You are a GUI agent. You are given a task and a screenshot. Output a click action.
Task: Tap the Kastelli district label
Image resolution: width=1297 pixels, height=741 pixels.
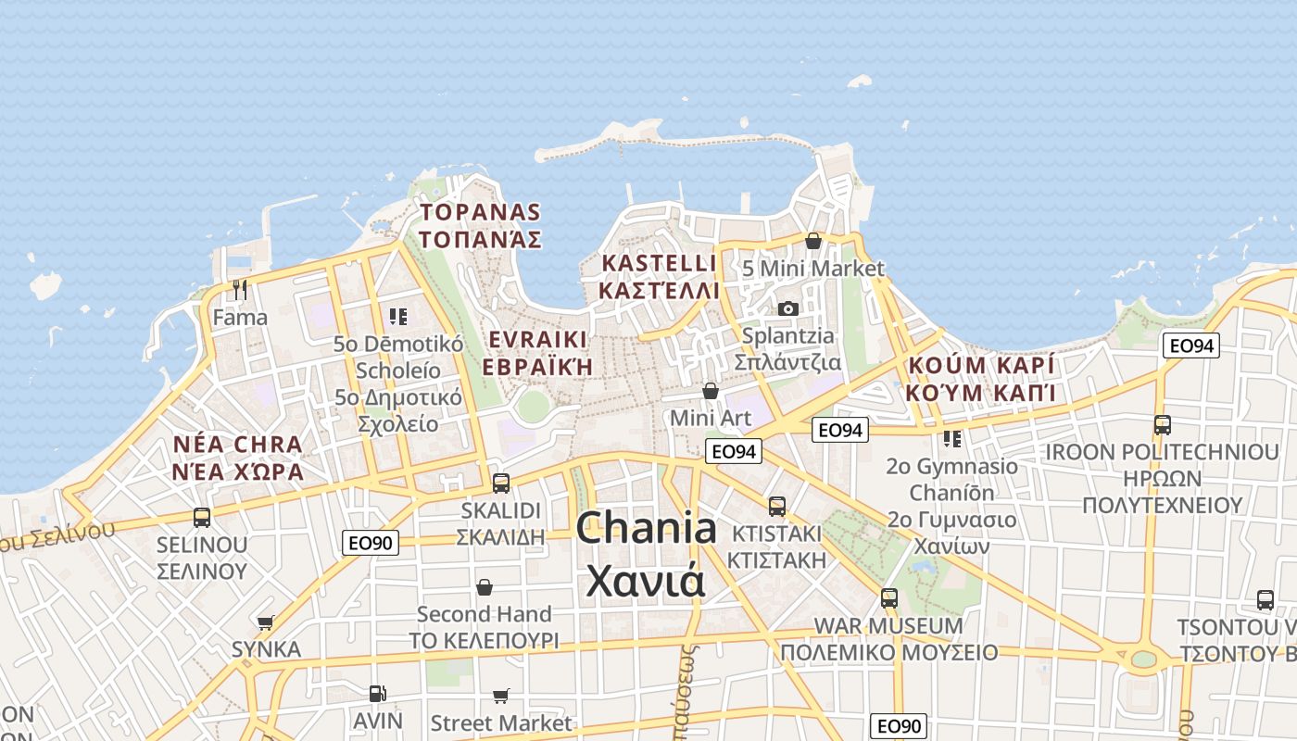(659, 276)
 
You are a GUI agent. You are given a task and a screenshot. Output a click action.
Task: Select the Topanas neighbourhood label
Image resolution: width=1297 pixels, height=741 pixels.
(479, 225)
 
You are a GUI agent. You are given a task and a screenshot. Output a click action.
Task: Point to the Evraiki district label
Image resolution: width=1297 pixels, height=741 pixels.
(537, 351)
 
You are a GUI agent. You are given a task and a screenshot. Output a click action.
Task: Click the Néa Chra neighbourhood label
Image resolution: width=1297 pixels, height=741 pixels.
(238, 458)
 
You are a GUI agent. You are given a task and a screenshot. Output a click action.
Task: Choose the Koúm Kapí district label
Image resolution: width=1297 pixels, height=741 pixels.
(981, 378)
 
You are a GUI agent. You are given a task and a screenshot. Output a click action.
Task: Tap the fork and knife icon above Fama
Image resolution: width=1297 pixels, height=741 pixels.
(240, 290)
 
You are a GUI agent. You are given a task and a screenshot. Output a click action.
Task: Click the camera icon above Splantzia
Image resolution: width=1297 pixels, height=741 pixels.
(787, 308)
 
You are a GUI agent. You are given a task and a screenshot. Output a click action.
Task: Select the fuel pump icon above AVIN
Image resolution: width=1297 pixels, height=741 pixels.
(377, 693)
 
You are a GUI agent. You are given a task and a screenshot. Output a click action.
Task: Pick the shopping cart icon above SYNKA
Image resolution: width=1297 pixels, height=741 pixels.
(266, 622)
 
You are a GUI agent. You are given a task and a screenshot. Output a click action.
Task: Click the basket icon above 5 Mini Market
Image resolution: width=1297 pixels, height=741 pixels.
(813, 241)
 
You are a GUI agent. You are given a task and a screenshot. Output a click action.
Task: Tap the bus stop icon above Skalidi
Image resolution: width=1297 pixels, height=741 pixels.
(501, 483)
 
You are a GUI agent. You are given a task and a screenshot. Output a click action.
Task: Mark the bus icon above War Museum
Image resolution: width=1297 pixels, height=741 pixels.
(889, 598)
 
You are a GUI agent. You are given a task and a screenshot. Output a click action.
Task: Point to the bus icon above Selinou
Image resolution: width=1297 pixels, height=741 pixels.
(202, 517)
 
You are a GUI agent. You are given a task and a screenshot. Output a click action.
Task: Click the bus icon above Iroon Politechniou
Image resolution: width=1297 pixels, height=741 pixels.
(1162, 425)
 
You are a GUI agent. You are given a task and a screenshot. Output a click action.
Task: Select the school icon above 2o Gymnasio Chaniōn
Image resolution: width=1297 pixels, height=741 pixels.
(951, 438)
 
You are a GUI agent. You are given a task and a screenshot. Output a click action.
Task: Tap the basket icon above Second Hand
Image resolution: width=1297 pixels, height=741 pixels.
(484, 587)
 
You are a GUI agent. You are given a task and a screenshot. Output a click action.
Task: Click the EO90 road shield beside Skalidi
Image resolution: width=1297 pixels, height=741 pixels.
(371, 543)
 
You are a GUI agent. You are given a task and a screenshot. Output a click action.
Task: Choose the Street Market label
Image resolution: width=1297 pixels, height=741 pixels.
(501, 722)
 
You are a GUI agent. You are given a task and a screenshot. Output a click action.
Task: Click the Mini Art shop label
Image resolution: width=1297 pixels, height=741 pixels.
(710, 418)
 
